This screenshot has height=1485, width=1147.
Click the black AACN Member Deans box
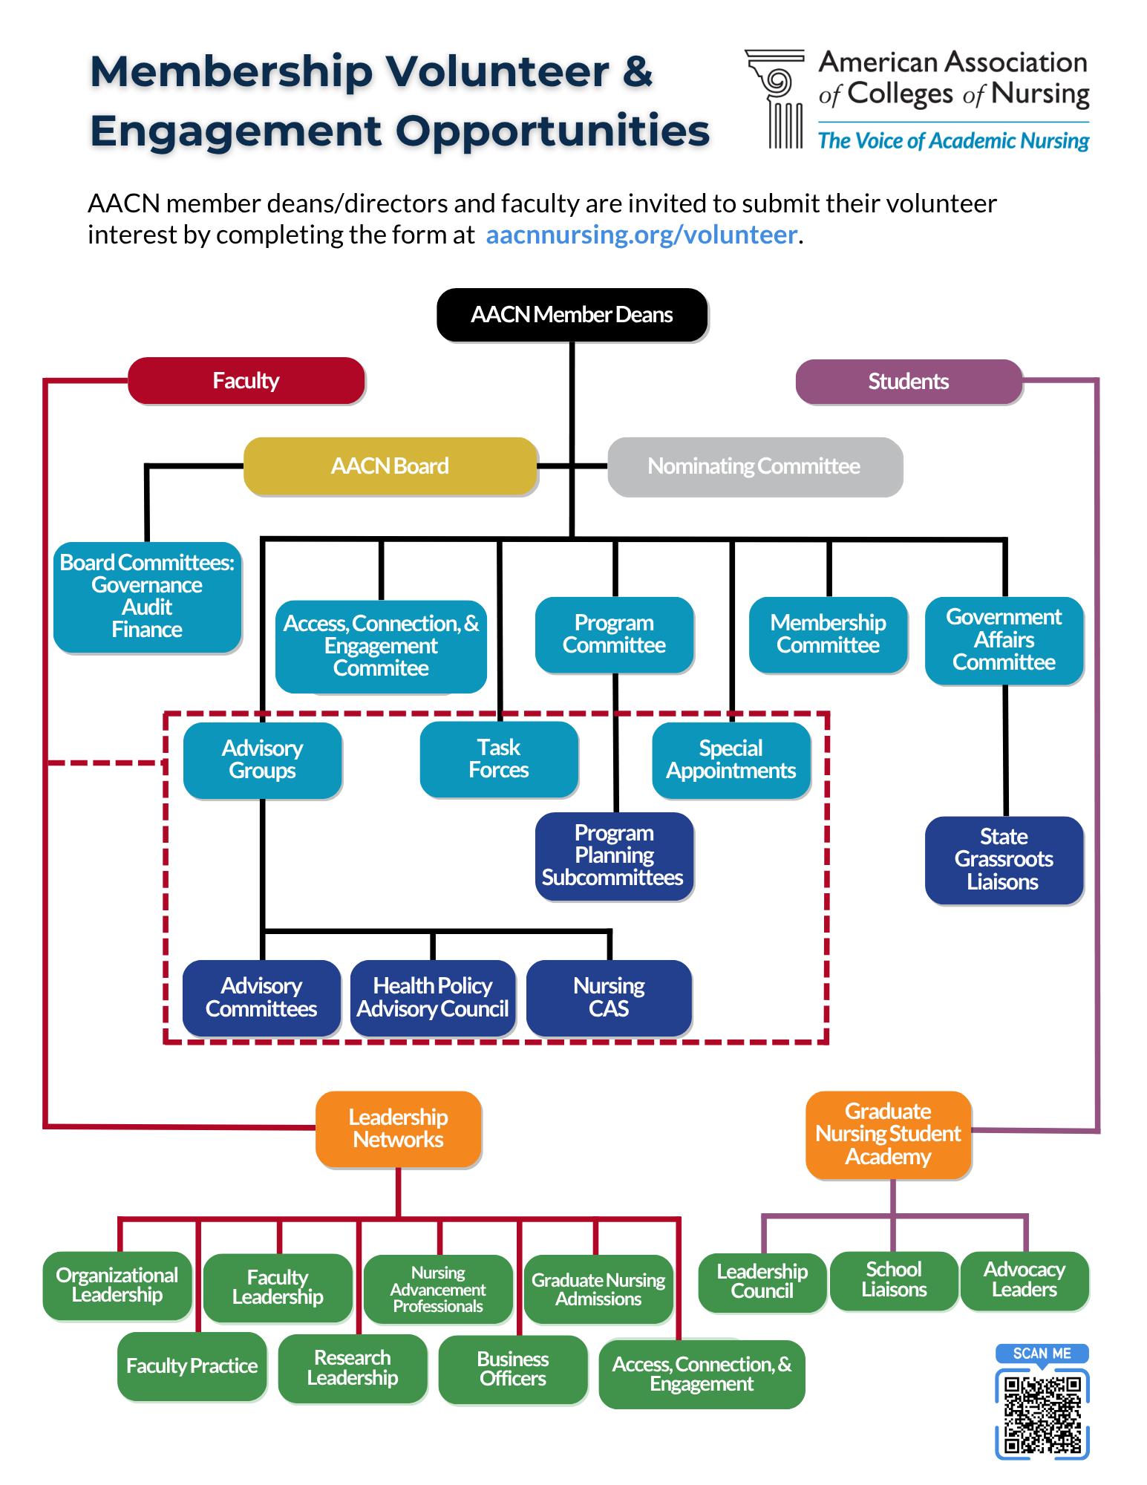coord(572,315)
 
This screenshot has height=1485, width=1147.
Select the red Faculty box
coord(246,381)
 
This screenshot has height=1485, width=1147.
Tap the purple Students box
coord(908,382)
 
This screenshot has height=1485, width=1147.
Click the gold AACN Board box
coord(390,466)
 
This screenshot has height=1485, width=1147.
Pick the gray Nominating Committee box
coord(754,466)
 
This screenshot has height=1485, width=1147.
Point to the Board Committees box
coord(147,596)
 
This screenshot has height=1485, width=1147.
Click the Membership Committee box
coord(828,634)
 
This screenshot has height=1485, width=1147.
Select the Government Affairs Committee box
coord(1004,640)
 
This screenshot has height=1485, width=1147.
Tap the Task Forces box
coord(499,759)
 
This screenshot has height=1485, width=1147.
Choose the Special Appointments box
coord(731,760)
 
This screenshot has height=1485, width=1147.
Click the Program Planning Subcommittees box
coord(613,855)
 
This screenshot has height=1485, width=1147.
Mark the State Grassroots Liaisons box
coord(1004,860)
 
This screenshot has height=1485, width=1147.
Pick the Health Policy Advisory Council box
coord(433,997)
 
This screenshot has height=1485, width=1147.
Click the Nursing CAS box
coord(609,997)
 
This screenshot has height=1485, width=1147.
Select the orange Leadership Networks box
coord(398,1129)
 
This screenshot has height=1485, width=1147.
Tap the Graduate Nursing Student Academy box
coord(888,1134)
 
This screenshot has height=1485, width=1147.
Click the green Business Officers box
coord(512,1369)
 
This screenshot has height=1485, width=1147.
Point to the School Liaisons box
coord(894,1280)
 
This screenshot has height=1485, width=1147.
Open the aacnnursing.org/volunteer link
coord(641,235)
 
